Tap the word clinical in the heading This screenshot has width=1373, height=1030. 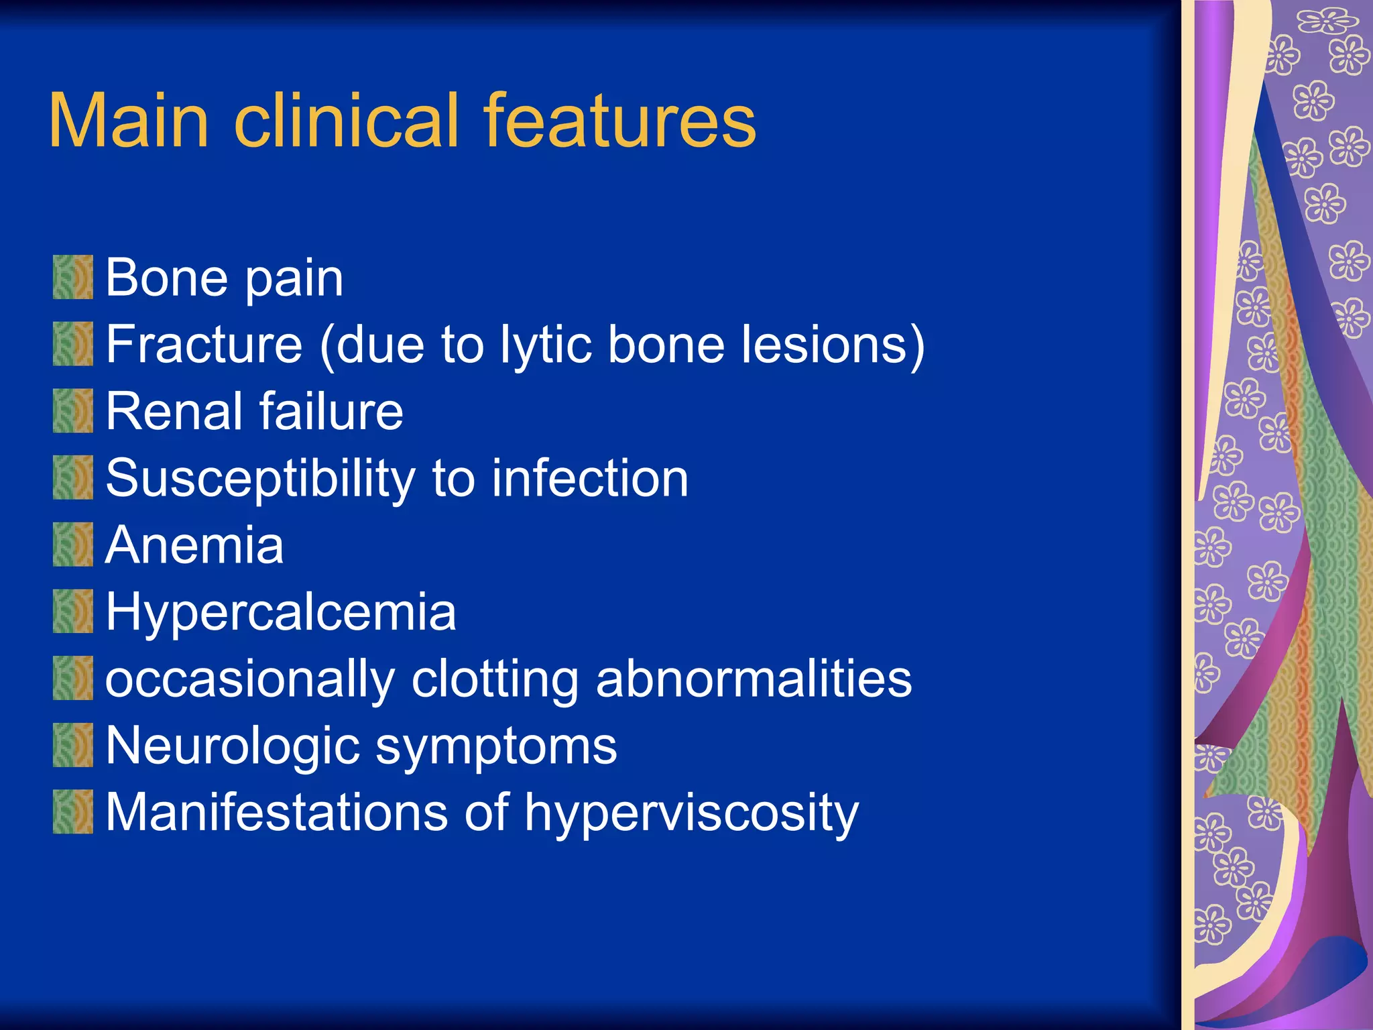point(346,121)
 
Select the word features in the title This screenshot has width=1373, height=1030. point(619,121)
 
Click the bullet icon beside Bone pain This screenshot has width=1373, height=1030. point(73,277)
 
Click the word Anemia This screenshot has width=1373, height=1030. point(194,545)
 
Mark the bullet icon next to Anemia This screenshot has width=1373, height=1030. point(73,545)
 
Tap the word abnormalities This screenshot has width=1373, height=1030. point(754,679)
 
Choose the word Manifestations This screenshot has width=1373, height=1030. point(275,812)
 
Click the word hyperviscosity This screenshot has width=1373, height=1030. point(691,813)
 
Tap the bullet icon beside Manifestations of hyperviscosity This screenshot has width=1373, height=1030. point(73,812)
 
